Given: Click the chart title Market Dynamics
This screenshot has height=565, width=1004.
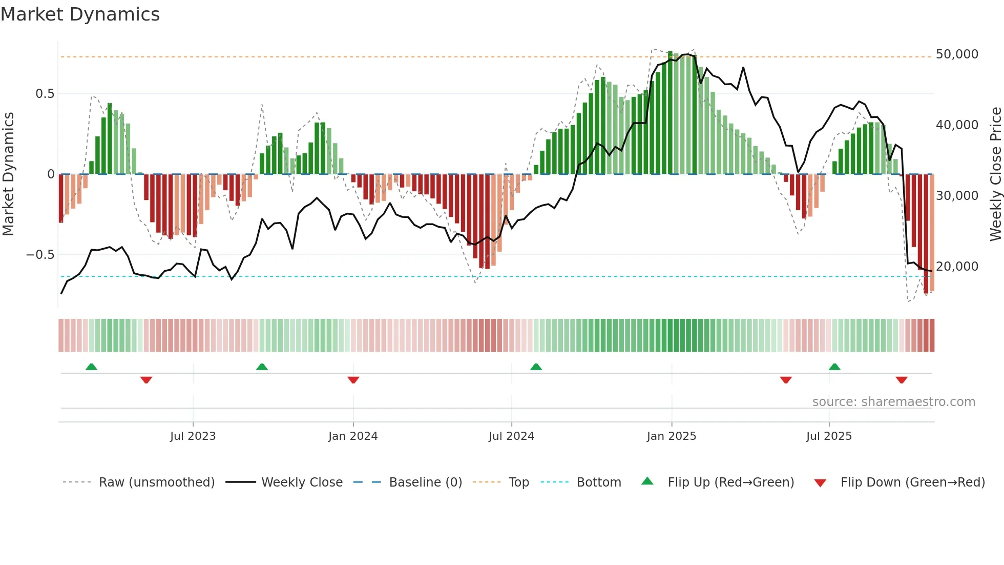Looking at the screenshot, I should (x=80, y=14).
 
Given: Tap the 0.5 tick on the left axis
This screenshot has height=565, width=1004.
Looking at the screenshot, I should (x=45, y=94).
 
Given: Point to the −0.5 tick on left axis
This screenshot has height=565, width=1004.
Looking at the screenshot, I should (x=40, y=255).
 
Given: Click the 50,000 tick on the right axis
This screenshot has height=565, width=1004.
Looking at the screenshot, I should (x=956, y=54).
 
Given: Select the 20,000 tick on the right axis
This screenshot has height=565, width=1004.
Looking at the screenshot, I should (x=956, y=267).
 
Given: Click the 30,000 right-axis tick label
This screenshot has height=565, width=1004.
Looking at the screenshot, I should (x=956, y=196).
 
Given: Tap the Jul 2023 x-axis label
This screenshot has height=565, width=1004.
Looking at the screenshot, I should (x=193, y=436).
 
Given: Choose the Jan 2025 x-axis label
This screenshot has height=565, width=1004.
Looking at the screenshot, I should (x=671, y=436).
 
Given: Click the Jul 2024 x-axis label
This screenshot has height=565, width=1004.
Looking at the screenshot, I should (x=511, y=436).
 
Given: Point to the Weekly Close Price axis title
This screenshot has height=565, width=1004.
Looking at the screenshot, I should (x=995, y=174).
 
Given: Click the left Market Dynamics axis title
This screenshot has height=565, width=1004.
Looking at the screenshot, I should (x=8, y=174).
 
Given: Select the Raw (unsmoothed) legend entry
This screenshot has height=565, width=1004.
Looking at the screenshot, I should (x=156, y=482).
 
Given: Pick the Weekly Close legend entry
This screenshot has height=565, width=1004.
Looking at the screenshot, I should (x=302, y=482).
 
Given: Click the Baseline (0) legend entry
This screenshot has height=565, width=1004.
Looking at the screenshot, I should (x=425, y=482).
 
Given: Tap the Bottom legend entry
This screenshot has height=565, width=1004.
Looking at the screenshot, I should (x=598, y=482).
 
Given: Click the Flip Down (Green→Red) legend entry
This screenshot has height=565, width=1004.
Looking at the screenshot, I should (x=912, y=482).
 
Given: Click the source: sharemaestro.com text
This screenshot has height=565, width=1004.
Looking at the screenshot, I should (x=893, y=402).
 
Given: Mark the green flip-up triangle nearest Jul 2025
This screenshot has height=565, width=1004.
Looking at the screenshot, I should (x=834, y=367).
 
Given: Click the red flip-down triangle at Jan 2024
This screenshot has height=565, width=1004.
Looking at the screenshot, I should (x=353, y=380).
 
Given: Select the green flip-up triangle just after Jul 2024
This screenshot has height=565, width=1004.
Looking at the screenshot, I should (x=536, y=367).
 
